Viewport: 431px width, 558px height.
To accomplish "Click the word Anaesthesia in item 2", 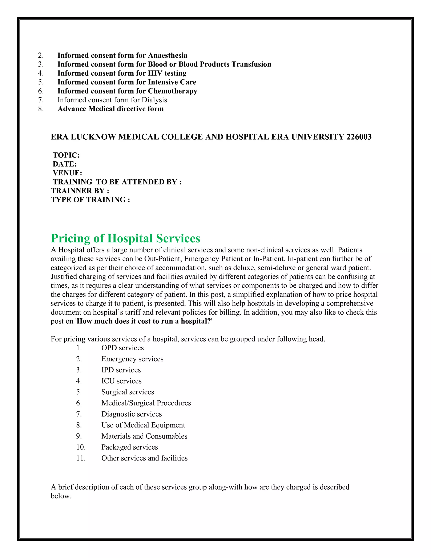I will (168, 55).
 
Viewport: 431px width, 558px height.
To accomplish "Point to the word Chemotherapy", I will (173, 91).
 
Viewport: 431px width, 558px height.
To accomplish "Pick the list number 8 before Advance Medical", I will (41, 109).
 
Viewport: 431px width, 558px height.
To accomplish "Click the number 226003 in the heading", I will (359, 137).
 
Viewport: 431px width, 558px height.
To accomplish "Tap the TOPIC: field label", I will (66, 155).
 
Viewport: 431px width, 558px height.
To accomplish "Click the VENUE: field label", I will (67, 173).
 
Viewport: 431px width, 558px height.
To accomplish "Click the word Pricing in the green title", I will (70, 238).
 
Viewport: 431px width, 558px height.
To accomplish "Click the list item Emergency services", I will (132, 359).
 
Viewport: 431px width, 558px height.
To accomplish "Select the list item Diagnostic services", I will (132, 414).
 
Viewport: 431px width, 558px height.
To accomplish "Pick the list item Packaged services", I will (129, 447).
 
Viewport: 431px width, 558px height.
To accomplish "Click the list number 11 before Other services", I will (80, 458).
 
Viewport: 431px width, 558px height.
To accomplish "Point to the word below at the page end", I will (61, 496).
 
